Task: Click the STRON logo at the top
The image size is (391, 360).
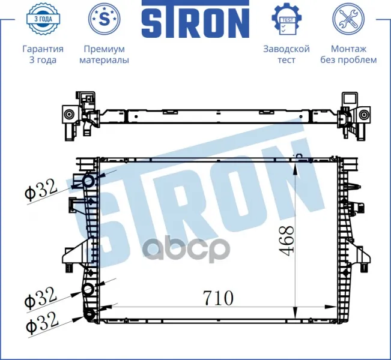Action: tap(195, 19)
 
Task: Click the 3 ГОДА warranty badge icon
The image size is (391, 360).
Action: tap(43, 19)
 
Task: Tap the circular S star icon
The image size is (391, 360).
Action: tap(105, 19)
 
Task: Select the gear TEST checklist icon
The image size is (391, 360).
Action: tap(286, 19)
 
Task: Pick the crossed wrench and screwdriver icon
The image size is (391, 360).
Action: tap(348, 19)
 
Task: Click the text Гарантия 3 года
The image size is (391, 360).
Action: tap(43, 55)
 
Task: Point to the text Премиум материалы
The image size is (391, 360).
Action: tap(105, 55)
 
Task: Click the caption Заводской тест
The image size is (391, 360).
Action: tap(286, 55)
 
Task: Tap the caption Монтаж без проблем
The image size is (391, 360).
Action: tap(348, 55)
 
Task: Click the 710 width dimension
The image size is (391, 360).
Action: tap(218, 298)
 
